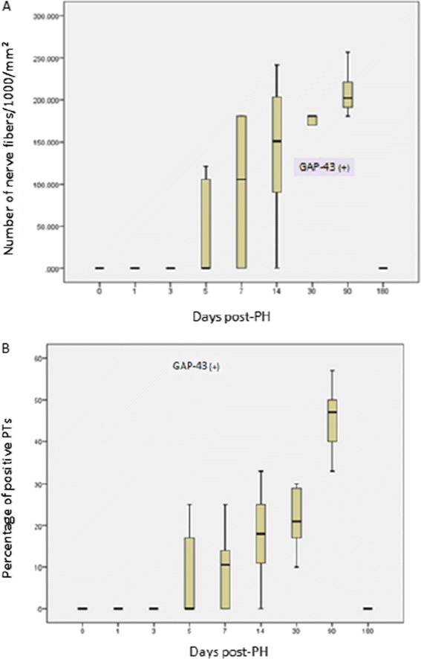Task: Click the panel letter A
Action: (x=6, y=5)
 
